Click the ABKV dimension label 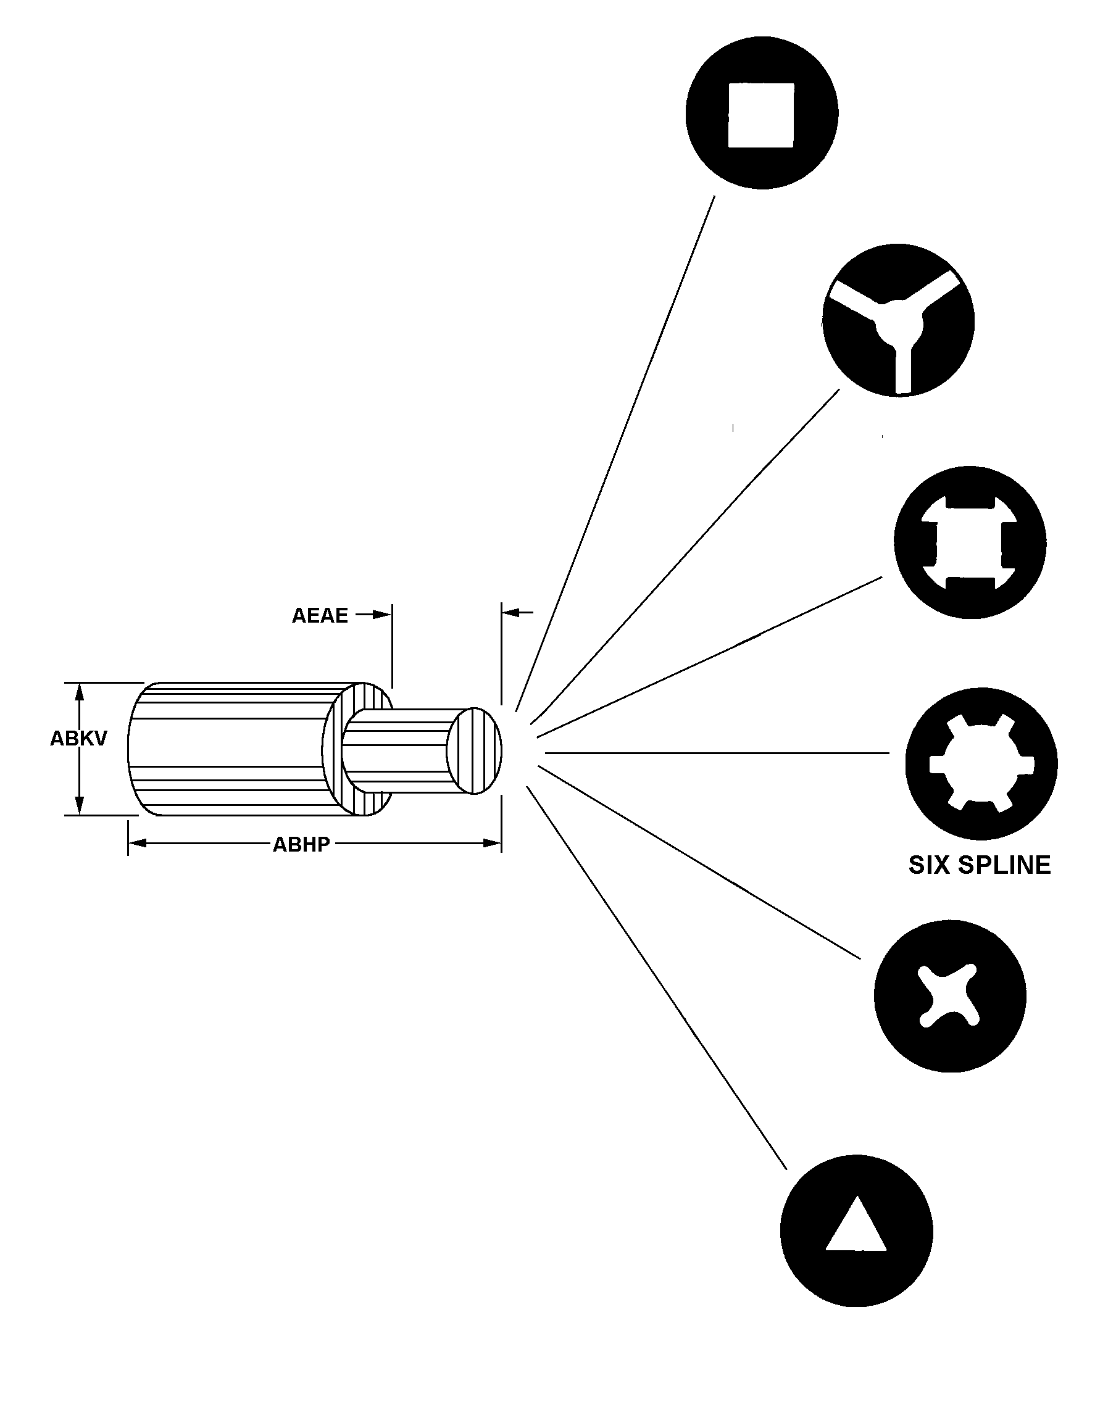pyautogui.click(x=78, y=739)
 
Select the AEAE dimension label pyautogui.click(x=320, y=615)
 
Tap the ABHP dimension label pyautogui.click(x=301, y=845)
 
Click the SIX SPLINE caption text pyautogui.click(x=980, y=865)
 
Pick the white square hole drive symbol pyautogui.click(x=761, y=115)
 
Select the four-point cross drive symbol pyautogui.click(x=949, y=995)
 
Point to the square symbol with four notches pyautogui.click(x=970, y=542)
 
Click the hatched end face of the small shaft pyautogui.click(x=475, y=750)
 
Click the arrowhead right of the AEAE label pyautogui.click(x=381, y=615)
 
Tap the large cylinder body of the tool pyautogui.click(x=228, y=749)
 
